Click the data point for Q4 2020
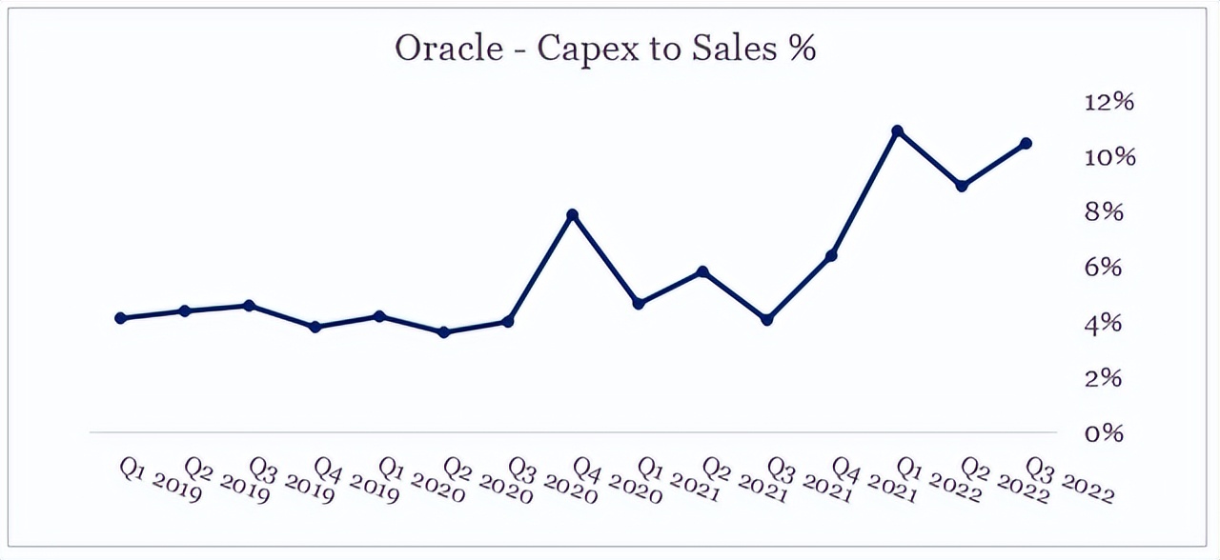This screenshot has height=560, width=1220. click(x=573, y=215)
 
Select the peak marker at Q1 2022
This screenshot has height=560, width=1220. click(x=897, y=131)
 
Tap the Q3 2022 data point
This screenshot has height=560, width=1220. click(x=1026, y=144)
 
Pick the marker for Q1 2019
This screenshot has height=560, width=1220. click(x=121, y=318)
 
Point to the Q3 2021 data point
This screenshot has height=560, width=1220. click(x=767, y=320)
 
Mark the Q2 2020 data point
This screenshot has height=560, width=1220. click(x=443, y=332)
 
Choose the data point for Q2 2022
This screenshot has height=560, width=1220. click(x=962, y=186)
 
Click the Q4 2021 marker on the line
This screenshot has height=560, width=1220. click(x=832, y=255)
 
